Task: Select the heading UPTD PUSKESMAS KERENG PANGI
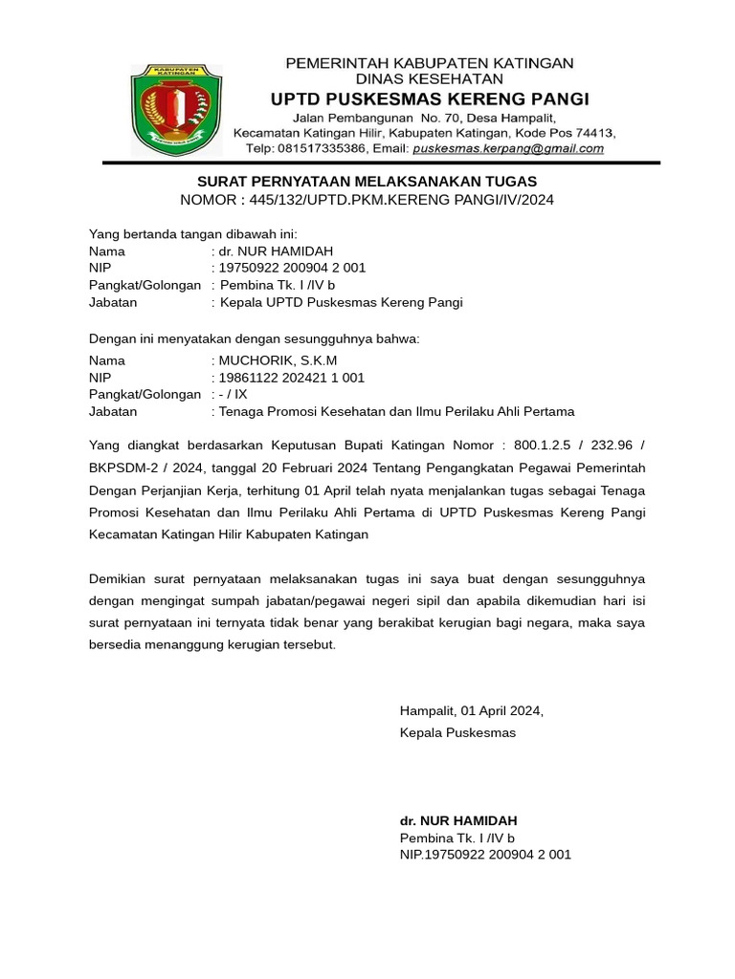pyautogui.click(x=430, y=99)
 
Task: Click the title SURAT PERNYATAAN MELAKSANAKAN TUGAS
pyautogui.click(x=367, y=182)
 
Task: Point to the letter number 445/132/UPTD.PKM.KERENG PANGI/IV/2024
pyautogui.click(x=401, y=200)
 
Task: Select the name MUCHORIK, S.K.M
pyautogui.click(x=278, y=360)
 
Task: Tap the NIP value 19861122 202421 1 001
pyautogui.click(x=292, y=378)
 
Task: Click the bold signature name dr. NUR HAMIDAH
pyautogui.click(x=458, y=821)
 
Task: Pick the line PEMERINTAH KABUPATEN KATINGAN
pyautogui.click(x=431, y=63)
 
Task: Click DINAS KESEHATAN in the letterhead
pyautogui.click(x=430, y=78)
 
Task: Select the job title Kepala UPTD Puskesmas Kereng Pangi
pyautogui.click(x=342, y=303)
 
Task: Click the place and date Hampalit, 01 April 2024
pyautogui.click(x=472, y=710)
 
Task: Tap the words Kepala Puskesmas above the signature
pyautogui.click(x=457, y=732)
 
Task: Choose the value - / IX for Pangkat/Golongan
pyautogui.click(x=234, y=394)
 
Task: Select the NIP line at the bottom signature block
pyautogui.click(x=485, y=854)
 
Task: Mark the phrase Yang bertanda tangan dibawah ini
pyautogui.click(x=193, y=234)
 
